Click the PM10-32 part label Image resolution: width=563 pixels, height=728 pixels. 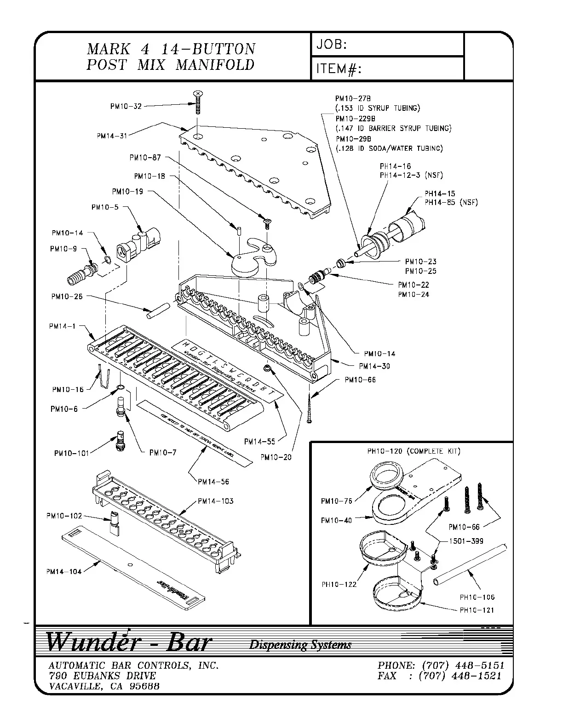tap(126, 106)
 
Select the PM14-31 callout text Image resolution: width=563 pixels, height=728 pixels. tap(112, 136)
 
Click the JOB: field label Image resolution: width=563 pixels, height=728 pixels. tap(331, 45)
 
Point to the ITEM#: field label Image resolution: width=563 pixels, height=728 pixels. tap(338, 69)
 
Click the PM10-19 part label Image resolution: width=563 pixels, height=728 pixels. tap(127, 192)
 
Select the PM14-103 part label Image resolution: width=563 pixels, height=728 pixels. tap(215, 501)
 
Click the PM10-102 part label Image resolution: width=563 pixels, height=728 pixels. tap(64, 516)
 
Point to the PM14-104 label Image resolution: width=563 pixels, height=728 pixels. tap(64, 571)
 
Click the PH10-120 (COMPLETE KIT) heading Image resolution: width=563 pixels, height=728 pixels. tap(414, 451)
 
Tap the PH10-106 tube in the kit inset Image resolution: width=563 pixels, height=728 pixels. tap(471, 565)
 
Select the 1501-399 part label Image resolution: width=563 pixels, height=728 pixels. tap(467, 541)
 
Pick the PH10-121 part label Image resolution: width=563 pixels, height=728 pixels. tap(477, 610)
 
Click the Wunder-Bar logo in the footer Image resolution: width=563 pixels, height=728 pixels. tap(128, 642)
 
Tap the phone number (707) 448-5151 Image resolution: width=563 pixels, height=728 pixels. tap(461, 665)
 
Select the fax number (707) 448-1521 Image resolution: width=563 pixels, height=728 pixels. tap(460, 676)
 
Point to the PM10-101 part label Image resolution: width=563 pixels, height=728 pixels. tap(71, 453)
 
